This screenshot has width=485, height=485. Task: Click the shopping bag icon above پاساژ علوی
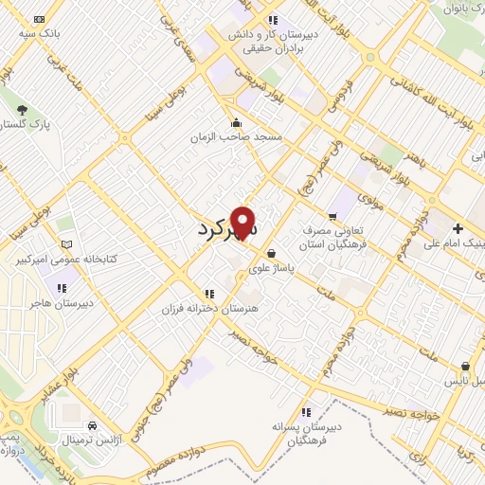click(273, 253)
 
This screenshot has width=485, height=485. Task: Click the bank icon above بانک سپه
click(39, 19)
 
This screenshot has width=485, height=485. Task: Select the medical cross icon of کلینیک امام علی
click(458, 228)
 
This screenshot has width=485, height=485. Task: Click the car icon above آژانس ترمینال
click(92, 425)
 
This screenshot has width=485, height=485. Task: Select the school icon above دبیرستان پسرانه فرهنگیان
click(305, 412)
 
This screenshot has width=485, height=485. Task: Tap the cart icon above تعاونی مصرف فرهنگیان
click(332, 216)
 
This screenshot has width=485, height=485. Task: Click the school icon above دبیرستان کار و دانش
click(273, 20)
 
